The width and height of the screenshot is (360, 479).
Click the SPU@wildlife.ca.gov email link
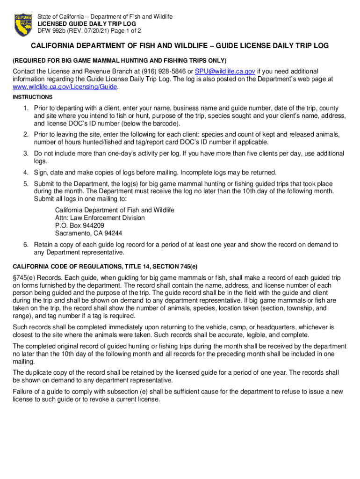[x=225, y=71]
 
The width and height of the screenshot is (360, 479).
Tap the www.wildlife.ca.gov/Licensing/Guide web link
[x=65, y=87]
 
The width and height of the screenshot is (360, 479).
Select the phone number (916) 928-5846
[x=166, y=71]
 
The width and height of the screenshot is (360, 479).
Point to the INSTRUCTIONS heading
[x=33, y=97]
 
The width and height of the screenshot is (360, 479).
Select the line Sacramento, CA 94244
[x=89, y=233]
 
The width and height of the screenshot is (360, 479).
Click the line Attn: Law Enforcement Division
[x=100, y=218]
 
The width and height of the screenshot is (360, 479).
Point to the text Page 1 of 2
[x=125, y=31]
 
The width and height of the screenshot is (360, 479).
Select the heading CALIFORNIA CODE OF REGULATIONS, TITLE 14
[x=105, y=267]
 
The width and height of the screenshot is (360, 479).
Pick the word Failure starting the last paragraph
[x=23, y=392]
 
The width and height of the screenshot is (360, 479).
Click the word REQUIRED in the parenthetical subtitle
[x=30, y=60]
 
